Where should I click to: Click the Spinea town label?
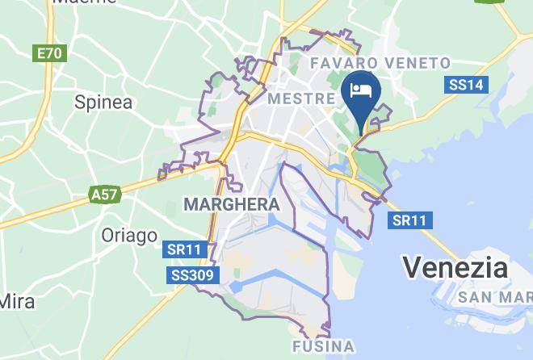pos(103,103)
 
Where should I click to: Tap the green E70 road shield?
pos(49,54)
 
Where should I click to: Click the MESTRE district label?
pos(300,98)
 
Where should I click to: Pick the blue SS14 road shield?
pos(466,85)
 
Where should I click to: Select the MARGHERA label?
pos(231,205)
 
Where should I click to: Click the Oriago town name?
pos(129,236)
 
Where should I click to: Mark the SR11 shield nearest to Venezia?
pos(410,220)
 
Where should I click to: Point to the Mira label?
pos(17,302)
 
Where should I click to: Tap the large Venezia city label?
pos(455,266)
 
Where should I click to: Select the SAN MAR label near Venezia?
pos(494,297)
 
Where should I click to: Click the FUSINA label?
pos(321,347)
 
